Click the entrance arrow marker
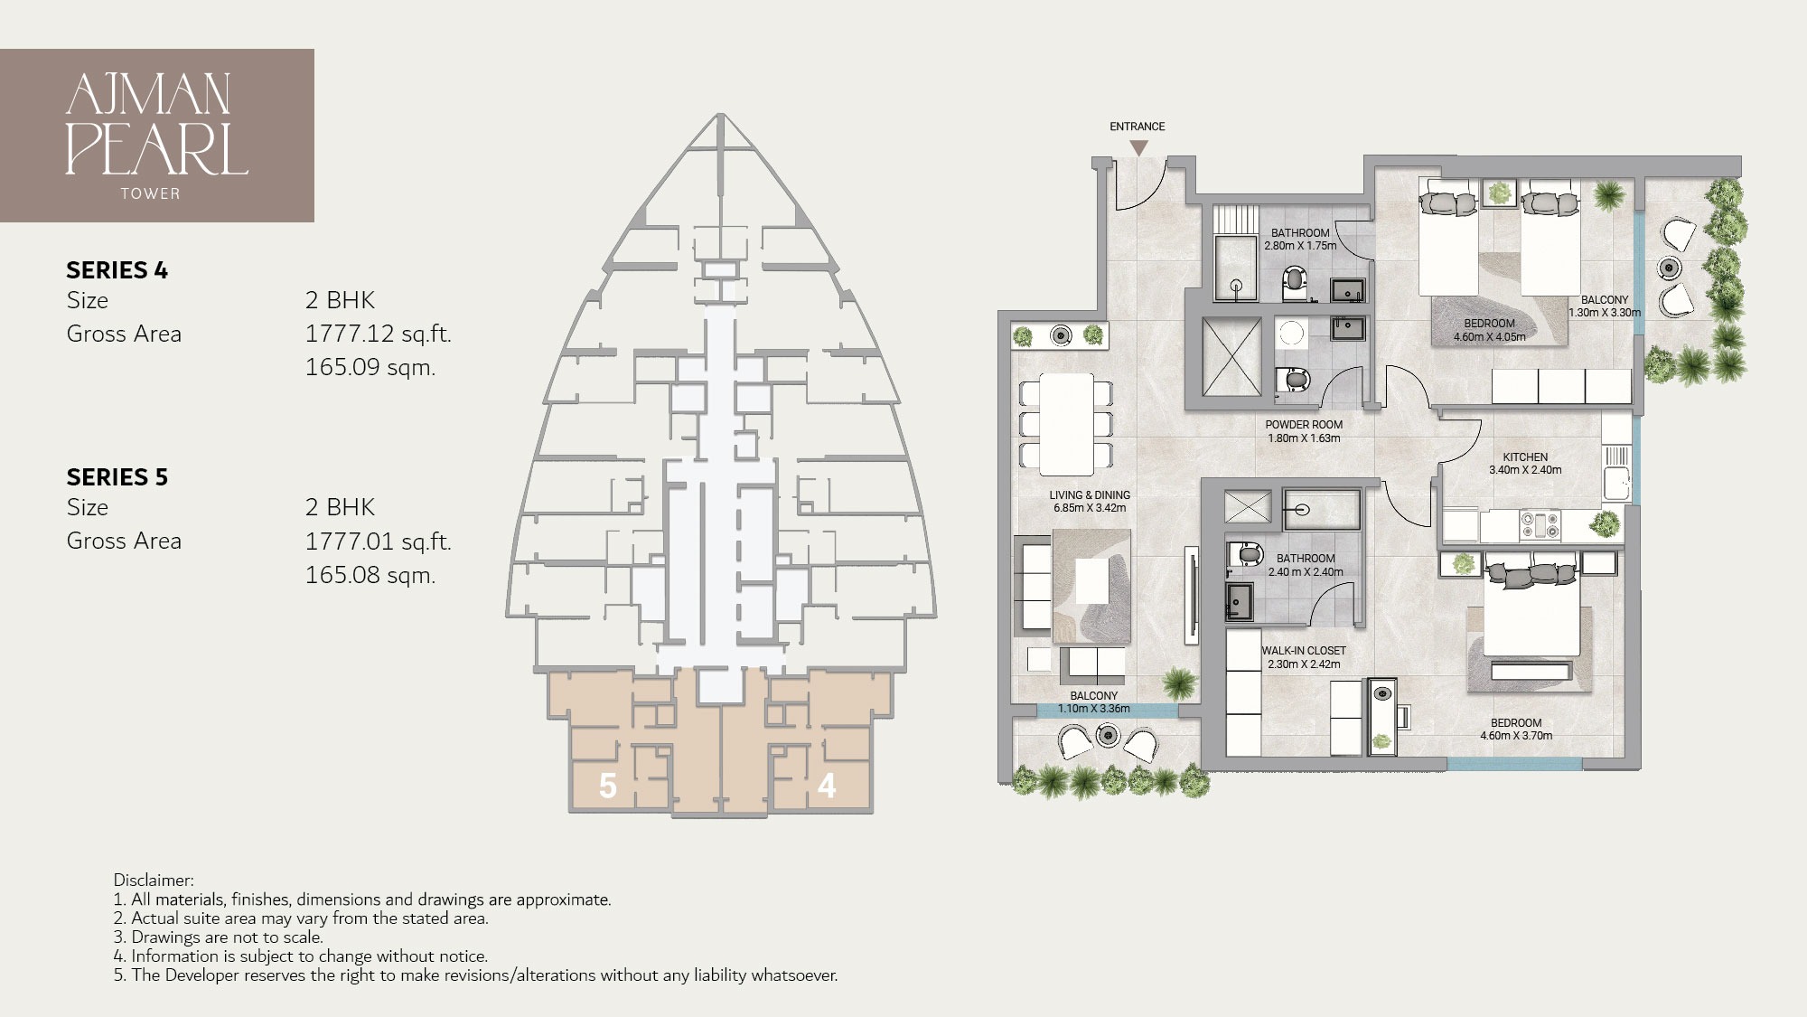(1139, 147)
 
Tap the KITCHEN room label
(1525, 457)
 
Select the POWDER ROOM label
(1304, 425)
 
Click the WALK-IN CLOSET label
(1304, 651)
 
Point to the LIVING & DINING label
(1090, 495)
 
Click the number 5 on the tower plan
(608, 786)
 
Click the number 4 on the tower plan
(826, 786)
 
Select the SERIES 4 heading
(117, 270)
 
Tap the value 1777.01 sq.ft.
(378, 541)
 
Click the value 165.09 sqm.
(370, 367)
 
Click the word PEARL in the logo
(156, 150)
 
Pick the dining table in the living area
(1066, 424)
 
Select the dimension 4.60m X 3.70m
(1516, 736)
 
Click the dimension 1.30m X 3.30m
(1605, 313)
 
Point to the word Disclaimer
(153, 880)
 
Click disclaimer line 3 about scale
(218, 937)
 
